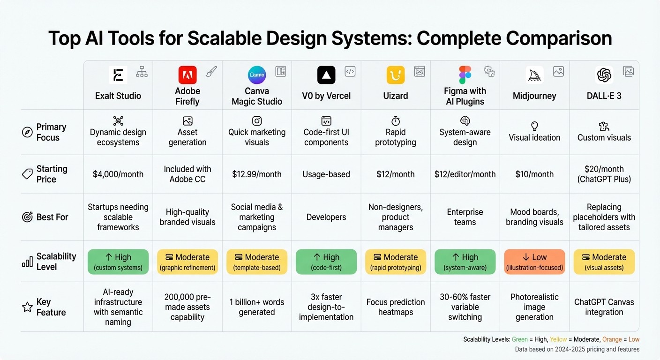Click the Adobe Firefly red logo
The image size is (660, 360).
click(187, 75)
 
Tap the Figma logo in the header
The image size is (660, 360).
click(465, 75)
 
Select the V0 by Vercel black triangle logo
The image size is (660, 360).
click(326, 75)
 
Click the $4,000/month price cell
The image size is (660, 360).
click(118, 174)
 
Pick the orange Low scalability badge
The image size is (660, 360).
click(534, 262)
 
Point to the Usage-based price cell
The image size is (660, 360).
click(326, 174)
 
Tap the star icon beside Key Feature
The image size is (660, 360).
click(28, 307)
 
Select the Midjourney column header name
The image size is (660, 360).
click(534, 96)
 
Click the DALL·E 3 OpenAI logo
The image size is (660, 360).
click(604, 75)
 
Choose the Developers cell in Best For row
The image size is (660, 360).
click(326, 217)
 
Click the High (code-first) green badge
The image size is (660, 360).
click(326, 262)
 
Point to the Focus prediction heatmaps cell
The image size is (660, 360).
click(396, 307)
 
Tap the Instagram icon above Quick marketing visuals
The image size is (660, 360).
click(257, 121)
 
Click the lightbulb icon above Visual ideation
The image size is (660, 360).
click(534, 126)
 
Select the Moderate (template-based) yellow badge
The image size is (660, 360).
click(257, 262)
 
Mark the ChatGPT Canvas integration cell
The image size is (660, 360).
click(604, 307)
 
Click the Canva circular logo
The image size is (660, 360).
click(257, 75)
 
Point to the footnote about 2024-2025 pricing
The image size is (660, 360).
click(577, 349)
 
